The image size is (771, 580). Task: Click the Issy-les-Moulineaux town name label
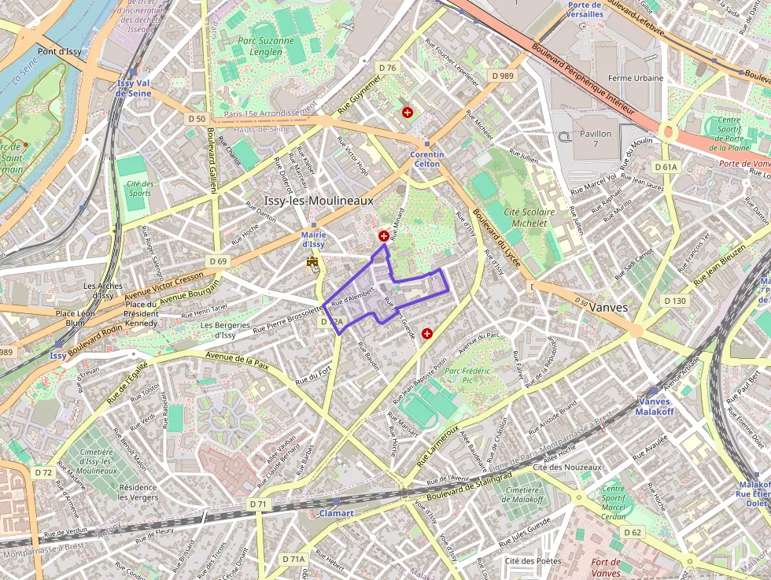(x=319, y=201)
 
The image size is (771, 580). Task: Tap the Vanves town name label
(x=608, y=308)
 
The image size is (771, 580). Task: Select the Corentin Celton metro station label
(x=427, y=160)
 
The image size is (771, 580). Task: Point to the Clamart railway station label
(x=336, y=513)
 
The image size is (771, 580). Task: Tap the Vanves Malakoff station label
(x=654, y=406)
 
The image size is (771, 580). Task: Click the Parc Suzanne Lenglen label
(x=254, y=46)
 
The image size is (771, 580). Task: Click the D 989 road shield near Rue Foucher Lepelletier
(x=500, y=76)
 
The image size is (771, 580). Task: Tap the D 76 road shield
(x=387, y=68)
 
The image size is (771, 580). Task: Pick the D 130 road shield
(x=674, y=301)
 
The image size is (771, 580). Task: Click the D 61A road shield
(x=666, y=167)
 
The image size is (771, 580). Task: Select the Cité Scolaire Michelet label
(x=529, y=217)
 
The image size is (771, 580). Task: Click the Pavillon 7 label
(x=596, y=139)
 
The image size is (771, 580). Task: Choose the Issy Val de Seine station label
(x=132, y=87)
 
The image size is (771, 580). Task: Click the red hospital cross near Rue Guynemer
(x=407, y=113)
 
